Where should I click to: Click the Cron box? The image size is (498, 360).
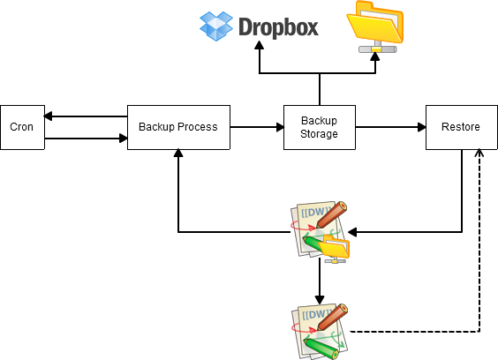(x=23, y=127)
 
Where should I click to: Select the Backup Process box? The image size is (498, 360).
(x=178, y=127)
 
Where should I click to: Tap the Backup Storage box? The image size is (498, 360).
(x=319, y=127)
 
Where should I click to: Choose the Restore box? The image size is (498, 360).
(x=462, y=127)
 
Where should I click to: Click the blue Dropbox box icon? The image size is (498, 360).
(x=216, y=26)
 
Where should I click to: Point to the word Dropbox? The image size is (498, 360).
(x=278, y=27)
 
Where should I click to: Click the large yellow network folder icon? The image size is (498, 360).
(x=375, y=26)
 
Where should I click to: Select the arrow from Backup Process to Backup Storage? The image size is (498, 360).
(x=257, y=127)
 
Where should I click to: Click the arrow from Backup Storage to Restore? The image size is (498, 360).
(x=390, y=127)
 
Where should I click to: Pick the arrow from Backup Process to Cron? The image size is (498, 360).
(x=86, y=116)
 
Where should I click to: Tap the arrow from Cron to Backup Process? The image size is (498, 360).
(x=86, y=139)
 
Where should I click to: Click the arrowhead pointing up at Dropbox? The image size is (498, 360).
(x=260, y=45)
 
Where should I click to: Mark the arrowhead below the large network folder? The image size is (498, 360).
(x=375, y=56)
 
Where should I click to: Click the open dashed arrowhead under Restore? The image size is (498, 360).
(x=479, y=153)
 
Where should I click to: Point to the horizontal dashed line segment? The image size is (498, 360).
(x=414, y=332)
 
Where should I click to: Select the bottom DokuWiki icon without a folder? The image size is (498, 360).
(x=320, y=332)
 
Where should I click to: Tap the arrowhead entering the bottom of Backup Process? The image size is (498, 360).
(x=178, y=154)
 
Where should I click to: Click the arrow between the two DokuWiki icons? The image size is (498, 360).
(x=320, y=281)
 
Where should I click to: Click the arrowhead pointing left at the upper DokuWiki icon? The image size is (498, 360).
(x=352, y=232)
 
